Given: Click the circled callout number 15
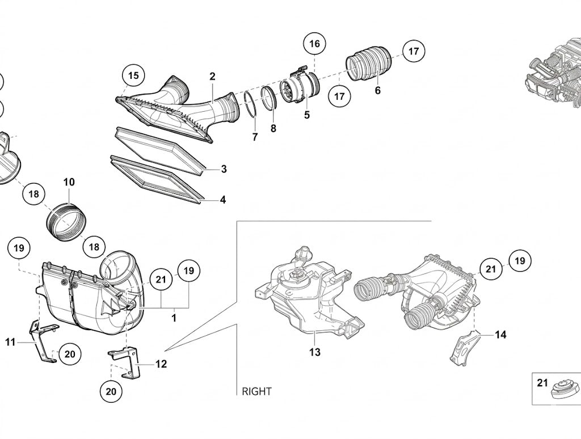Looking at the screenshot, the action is coord(133,75).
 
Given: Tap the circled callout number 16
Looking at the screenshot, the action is coord(314,44).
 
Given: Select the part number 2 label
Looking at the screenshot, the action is coord(212,77).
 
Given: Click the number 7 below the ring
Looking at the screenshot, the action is coord(255,137).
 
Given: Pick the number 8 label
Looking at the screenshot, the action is coord(273,129).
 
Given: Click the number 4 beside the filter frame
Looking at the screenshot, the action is coord(222,200).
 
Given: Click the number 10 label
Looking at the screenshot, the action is coord(69,182).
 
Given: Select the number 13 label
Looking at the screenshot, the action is coord(314,352).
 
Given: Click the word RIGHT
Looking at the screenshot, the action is coord(256,391).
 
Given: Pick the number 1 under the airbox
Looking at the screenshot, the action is coord(174,318).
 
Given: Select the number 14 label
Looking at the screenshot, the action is coord(500,335).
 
